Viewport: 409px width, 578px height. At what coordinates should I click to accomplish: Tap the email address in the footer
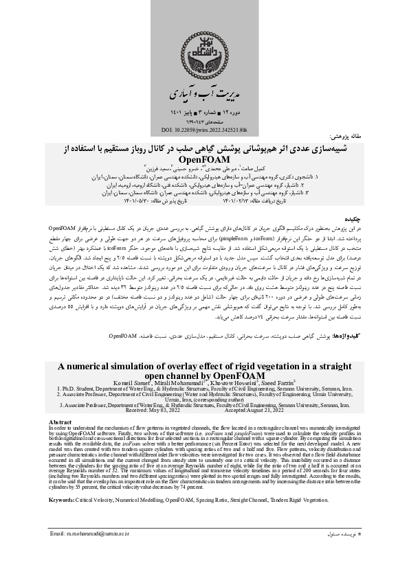click(89, 552)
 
